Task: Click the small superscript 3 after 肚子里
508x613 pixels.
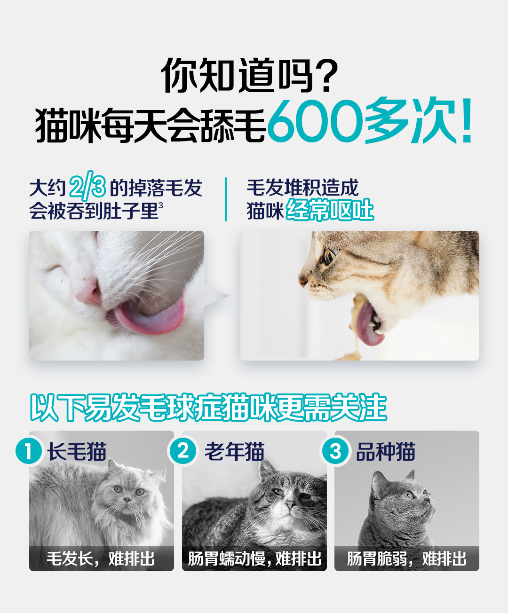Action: pos(160,205)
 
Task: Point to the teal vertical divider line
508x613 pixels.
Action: pos(225,199)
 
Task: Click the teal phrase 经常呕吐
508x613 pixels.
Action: pos(330,210)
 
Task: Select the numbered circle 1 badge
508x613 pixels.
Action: pos(29,451)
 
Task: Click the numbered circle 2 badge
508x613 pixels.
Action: pos(183,451)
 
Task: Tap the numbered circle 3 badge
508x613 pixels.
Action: pos(335,451)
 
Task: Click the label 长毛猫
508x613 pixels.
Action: pos(77,452)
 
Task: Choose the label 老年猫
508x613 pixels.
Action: pos(234,452)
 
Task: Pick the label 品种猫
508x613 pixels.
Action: pos(386,452)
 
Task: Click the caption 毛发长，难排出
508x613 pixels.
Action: pos(101,558)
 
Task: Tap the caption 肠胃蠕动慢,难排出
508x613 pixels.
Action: pos(254,558)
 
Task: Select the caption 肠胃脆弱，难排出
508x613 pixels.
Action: pos(406,558)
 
